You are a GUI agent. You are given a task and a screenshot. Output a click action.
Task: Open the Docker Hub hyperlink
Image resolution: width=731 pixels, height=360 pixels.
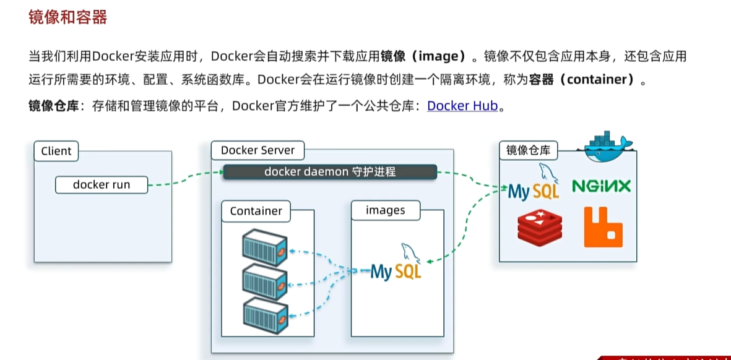462,106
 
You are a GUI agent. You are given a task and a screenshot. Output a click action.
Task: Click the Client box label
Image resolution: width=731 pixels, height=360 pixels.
56,151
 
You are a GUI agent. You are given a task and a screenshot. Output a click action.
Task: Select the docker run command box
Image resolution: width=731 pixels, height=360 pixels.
102,184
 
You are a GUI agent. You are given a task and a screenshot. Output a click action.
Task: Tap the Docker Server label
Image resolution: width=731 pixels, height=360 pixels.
257,150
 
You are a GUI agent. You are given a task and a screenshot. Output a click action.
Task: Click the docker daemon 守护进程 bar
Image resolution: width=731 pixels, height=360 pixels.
330,172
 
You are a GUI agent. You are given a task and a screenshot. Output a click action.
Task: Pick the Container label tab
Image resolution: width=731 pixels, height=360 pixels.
256,211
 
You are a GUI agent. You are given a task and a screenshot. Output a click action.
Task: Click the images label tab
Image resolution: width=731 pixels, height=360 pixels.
385,210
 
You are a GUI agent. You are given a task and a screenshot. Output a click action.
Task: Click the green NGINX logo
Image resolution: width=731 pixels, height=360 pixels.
601,186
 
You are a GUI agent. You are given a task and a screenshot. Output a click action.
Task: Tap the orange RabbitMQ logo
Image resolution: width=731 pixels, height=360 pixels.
602,228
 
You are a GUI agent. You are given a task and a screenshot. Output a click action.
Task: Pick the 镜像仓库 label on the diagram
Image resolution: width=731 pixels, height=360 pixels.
528,150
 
